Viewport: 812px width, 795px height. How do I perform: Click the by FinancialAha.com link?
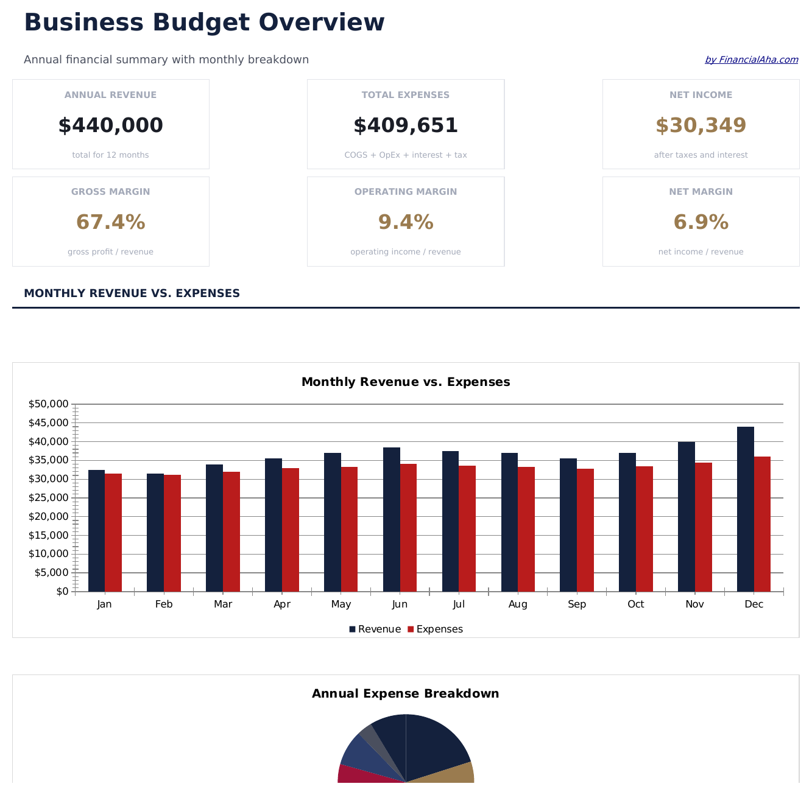tap(751, 60)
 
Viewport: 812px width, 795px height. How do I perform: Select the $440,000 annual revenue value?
tap(110, 125)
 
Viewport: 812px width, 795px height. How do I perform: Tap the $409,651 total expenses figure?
tap(406, 125)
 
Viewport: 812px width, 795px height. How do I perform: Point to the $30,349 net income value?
tap(701, 125)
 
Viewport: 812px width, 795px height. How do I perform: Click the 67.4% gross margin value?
tap(110, 222)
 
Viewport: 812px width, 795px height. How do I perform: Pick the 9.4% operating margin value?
tap(406, 222)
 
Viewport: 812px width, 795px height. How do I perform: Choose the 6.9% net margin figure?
tap(701, 222)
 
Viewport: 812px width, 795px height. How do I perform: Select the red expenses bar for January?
tap(113, 532)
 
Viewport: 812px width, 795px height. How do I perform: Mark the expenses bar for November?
tap(703, 527)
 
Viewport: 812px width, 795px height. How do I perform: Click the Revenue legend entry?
tap(375, 629)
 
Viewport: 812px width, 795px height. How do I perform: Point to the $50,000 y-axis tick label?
tap(48, 404)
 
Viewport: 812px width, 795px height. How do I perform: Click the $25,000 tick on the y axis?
tap(48, 498)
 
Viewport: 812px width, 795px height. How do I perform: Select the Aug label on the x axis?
tap(518, 604)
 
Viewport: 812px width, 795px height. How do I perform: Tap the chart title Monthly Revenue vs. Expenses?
tap(406, 382)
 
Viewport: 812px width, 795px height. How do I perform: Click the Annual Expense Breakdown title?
tap(406, 694)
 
